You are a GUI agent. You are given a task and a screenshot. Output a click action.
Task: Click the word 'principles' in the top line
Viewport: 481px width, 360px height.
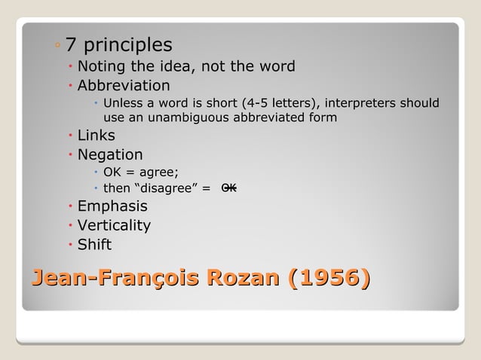point(128,45)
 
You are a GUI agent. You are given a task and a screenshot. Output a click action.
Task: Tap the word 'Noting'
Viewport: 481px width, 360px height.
point(103,66)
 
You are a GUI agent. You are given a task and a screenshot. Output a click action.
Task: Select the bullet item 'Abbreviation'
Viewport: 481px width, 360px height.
point(124,85)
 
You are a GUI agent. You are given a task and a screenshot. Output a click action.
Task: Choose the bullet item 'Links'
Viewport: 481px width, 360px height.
point(97,136)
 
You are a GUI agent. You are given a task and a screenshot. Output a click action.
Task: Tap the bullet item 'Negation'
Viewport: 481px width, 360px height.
point(110,155)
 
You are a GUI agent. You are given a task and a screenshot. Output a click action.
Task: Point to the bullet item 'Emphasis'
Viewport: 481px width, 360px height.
point(112,206)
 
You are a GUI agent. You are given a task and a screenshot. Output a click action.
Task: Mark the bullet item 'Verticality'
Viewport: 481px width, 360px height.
point(114,225)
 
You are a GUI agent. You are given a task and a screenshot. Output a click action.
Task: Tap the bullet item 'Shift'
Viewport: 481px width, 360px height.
point(94,244)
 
